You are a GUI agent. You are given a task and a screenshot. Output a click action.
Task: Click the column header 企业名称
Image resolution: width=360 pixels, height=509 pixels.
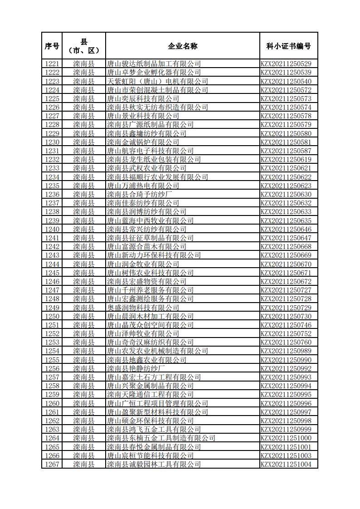[x=182, y=46]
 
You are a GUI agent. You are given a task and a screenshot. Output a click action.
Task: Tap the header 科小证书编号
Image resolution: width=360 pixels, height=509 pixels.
[x=288, y=46]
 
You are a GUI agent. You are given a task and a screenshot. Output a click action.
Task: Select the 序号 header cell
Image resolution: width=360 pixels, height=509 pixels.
[x=52, y=46]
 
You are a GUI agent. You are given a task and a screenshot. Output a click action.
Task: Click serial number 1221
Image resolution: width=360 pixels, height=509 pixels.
[x=52, y=64]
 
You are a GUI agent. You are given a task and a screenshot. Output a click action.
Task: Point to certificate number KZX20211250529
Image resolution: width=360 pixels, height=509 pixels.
[x=286, y=64]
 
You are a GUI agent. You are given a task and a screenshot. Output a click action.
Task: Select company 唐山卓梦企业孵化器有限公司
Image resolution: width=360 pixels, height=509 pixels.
[x=154, y=73]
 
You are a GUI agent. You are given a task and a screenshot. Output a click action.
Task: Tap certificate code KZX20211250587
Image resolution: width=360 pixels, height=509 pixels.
[x=286, y=151]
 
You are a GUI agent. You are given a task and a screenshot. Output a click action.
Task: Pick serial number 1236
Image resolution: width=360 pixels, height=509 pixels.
[x=52, y=194]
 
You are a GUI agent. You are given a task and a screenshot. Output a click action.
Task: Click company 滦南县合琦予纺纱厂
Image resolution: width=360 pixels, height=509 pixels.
[x=139, y=194]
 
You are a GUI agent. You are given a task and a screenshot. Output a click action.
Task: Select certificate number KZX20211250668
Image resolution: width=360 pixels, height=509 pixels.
[x=286, y=246]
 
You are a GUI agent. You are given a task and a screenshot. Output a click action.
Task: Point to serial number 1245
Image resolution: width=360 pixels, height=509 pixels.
[x=52, y=273]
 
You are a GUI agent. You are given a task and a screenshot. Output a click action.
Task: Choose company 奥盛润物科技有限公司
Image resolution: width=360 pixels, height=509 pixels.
[x=143, y=308]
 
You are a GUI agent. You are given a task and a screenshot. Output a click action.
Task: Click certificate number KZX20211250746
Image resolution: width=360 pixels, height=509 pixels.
[x=286, y=325]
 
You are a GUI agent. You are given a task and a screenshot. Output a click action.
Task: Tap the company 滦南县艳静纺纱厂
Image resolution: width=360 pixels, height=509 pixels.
[x=136, y=368]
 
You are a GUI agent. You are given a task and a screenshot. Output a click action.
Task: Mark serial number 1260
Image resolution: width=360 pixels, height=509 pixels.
[x=52, y=403]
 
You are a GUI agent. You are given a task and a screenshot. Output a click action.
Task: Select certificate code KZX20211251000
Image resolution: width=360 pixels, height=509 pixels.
[x=286, y=438]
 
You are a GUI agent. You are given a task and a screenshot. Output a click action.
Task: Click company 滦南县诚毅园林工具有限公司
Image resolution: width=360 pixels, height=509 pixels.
[x=154, y=464]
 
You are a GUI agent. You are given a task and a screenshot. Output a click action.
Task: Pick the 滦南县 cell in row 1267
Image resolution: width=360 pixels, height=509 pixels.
[x=84, y=464]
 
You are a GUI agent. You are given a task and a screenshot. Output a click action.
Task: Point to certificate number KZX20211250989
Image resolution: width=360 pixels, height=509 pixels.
[x=286, y=351]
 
